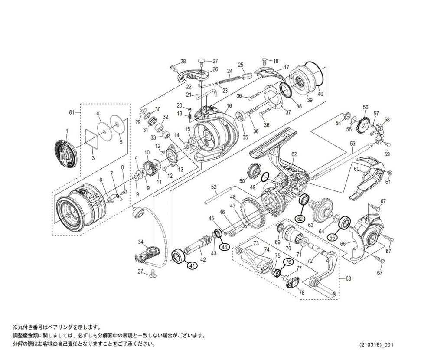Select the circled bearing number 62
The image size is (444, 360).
click(300, 219)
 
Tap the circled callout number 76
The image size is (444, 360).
click(287, 262)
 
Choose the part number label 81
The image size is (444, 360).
click(72, 113)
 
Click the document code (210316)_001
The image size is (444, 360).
click(376, 345)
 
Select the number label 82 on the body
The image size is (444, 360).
click(294, 154)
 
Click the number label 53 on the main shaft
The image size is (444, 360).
click(353, 143)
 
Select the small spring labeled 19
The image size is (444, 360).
click(189, 115)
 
